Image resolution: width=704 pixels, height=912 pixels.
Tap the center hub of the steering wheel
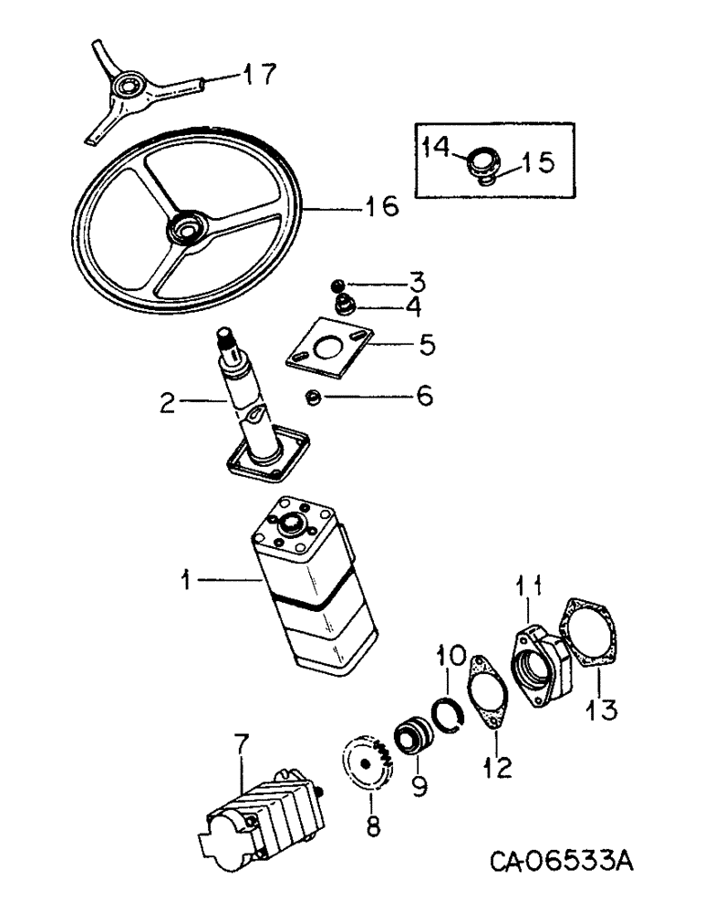(189, 227)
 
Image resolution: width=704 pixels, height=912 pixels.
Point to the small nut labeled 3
(338, 284)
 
